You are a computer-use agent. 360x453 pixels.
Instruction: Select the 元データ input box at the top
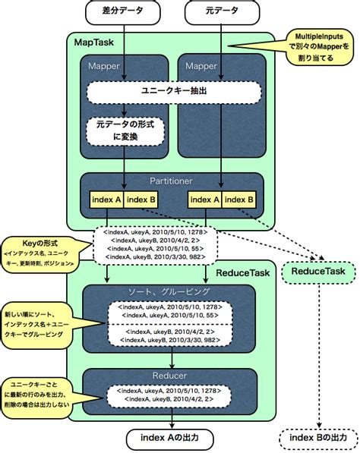point(220,12)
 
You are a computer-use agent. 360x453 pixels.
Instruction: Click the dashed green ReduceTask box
point(313,272)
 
